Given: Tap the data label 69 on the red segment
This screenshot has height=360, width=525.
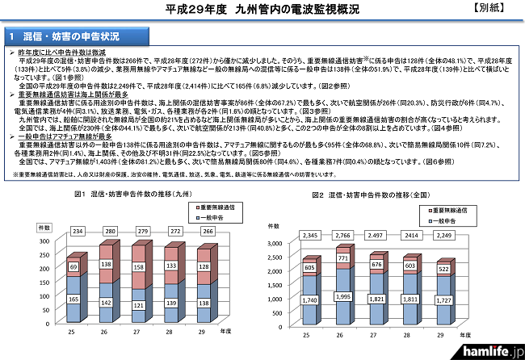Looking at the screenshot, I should [x=74, y=266].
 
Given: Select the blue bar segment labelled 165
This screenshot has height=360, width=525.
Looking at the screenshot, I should [x=74, y=299].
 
